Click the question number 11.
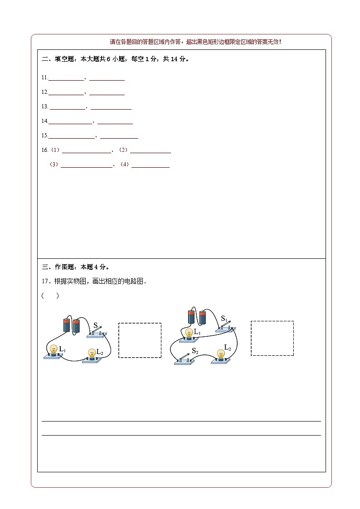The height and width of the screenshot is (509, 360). [44, 78]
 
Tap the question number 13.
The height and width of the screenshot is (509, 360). [44, 107]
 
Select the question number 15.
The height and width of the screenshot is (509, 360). [44, 136]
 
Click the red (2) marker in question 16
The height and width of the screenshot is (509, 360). [123, 150]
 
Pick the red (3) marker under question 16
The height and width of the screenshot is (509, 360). [54, 165]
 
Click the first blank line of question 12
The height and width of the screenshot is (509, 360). [66, 93]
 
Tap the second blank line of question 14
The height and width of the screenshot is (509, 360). [115, 122]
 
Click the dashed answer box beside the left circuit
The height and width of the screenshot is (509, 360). [140, 340]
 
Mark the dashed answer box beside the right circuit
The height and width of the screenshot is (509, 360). [272, 338]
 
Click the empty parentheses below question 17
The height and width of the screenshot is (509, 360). [50, 296]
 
